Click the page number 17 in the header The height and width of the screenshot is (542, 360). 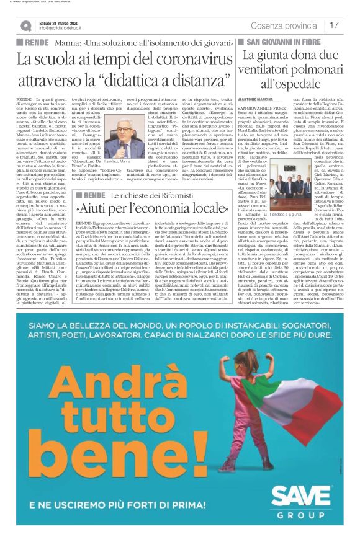[334, 25]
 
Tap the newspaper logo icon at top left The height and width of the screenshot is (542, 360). [25, 25]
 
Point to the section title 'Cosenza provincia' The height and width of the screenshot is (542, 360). [283, 25]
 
